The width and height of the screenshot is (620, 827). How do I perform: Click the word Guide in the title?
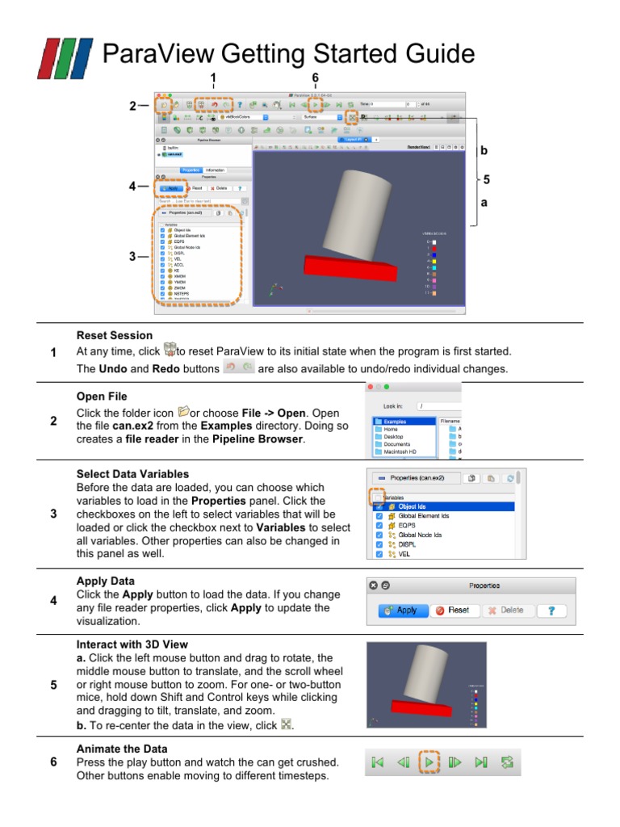pyautogui.click(x=436, y=54)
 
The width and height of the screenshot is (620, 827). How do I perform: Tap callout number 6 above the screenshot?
pyautogui.click(x=315, y=78)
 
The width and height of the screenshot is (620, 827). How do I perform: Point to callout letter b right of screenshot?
pyautogui.click(x=484, y=150)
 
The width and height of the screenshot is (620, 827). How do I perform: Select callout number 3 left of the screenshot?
pyautogui.click(x=132, y=257)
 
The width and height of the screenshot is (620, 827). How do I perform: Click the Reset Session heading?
pyautogui.click(x=114, y=335)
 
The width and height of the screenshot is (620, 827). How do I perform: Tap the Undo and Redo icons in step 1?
pyautogui.click(x=239, y=368)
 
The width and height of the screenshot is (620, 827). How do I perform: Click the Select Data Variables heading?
pyautogui.click(x=132, y=474)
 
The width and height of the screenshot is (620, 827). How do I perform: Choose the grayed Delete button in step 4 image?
pyautogui.click(x=505, y=611)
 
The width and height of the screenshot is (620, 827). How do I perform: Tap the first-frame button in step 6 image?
pyautogui.click(x=376, y=762)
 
